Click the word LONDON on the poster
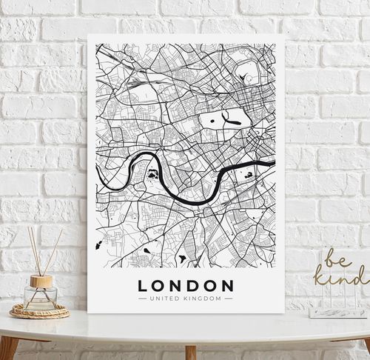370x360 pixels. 186,285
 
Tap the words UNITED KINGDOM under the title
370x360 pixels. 186,299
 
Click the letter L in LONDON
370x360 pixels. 142,285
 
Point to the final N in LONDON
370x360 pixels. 227,285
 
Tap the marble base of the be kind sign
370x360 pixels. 337,313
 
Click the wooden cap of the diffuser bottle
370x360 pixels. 41,281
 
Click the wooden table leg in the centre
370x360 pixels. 190,351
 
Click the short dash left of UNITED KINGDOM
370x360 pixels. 143,299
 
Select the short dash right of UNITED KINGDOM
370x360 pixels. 229,299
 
